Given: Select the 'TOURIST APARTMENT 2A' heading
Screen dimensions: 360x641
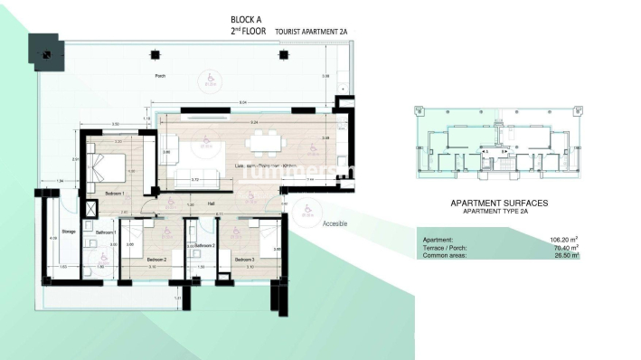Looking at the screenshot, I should coord(311,31).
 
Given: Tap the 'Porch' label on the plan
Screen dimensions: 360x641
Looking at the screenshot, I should coord(160,77).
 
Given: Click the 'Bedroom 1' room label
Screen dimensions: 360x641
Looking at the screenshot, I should coord(115,194).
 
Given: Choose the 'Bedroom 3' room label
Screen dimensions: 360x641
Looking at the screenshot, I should coord(245,260).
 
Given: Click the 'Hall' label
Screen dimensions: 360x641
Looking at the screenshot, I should coord(210,204).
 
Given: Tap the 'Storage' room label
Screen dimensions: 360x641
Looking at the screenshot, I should coord(68,232).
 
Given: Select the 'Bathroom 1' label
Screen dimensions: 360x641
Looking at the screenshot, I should coord(106,232).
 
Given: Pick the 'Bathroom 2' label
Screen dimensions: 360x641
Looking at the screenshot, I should coord(204,245).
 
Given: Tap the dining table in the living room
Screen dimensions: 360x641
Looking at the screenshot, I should coord(265,140).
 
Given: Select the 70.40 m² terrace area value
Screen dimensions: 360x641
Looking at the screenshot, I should coord(564,248).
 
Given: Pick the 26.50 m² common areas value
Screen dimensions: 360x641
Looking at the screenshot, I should coord(564,256).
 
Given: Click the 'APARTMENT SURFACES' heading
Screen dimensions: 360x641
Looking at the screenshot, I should coord(498,204).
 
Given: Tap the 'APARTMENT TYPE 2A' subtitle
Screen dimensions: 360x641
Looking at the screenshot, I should coord(498,212).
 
